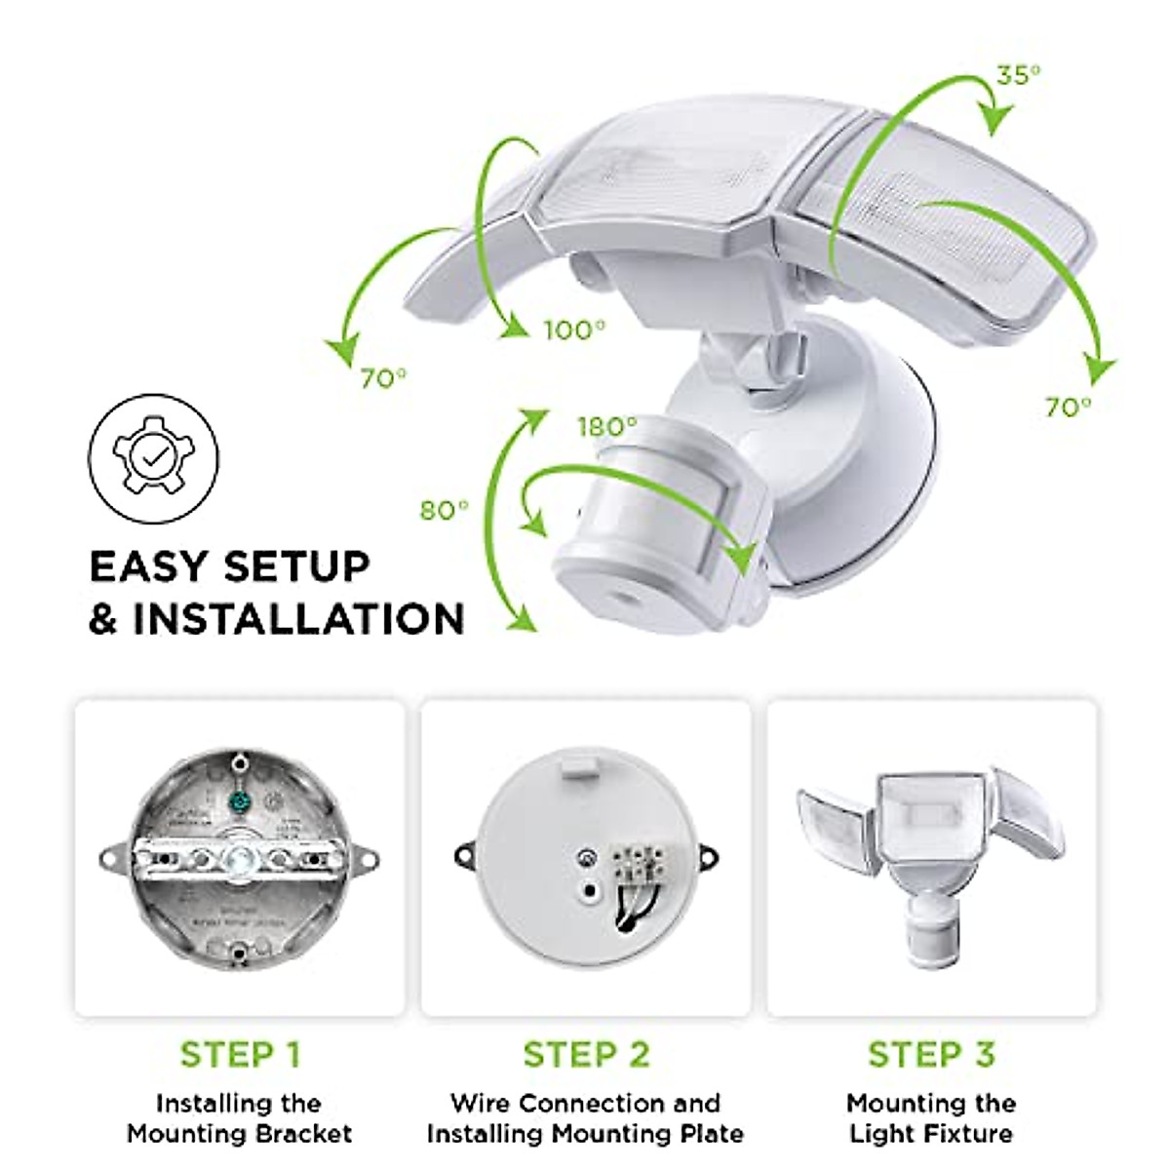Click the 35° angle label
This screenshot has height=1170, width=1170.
[1018, 76]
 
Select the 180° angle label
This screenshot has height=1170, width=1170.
[606, 426]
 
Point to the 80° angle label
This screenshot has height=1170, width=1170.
[444, 510]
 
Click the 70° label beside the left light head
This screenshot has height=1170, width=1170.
[384, 378]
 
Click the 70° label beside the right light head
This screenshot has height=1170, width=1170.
[1069, 408]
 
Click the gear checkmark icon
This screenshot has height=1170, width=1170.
[154, 457]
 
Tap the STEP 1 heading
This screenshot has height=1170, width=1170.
[240, 1054]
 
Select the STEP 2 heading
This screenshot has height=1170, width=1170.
[585, 1054]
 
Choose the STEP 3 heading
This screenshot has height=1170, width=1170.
[931, 1054]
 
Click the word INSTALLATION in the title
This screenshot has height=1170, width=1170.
[298, 619]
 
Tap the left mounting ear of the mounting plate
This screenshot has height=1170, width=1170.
[465, 855]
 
